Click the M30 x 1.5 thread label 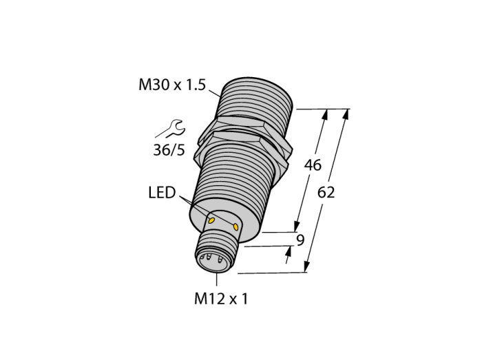coord(172,85)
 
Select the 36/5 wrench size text coord(169,150)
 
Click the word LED coord(162,193)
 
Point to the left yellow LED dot coord(211,220)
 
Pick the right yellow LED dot coord(235,227)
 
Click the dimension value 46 coord(313,165)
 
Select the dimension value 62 coord(326,193)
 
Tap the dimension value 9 coord(300,240)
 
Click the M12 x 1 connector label coord(221,299)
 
